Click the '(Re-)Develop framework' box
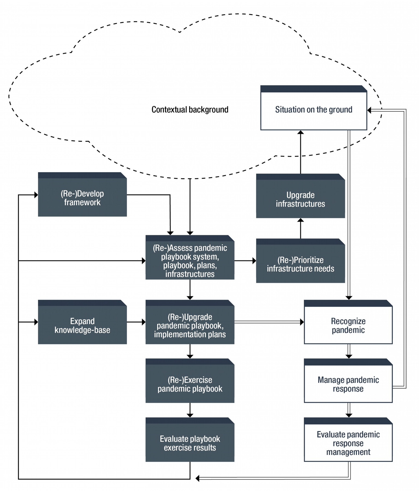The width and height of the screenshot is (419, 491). tap(82, 197)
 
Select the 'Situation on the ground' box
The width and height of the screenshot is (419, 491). tap(313, 110)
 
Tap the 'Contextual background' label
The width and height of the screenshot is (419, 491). tap(190, 110)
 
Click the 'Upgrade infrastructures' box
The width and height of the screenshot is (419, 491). tap(300, 199)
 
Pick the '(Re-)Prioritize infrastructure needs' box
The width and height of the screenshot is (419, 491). tap(300, 264)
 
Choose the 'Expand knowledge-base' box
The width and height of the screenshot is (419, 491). tap(82, 325)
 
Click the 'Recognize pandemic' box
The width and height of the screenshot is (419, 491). tap(348, 325)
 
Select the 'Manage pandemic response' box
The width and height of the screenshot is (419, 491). tap(348, 384)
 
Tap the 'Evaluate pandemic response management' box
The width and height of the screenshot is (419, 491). tap(348, 443)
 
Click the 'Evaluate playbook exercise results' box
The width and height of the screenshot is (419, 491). tap(190, 443)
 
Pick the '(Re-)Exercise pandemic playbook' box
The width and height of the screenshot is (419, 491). tap(190, 384)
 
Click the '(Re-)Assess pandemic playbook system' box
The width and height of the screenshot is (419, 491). tap(190, 261)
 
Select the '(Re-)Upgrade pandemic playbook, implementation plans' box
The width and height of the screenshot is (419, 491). tap(190, 325)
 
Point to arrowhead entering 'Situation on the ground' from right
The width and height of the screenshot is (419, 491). tap(369, 110)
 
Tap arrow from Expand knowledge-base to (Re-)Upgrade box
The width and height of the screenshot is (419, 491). tap(136, 322)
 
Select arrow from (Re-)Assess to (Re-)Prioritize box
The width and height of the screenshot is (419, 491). tap(245, 261)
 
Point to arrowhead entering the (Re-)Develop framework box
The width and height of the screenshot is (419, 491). tap(36, 195)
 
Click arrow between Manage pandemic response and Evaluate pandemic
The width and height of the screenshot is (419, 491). tap(349, 410)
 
